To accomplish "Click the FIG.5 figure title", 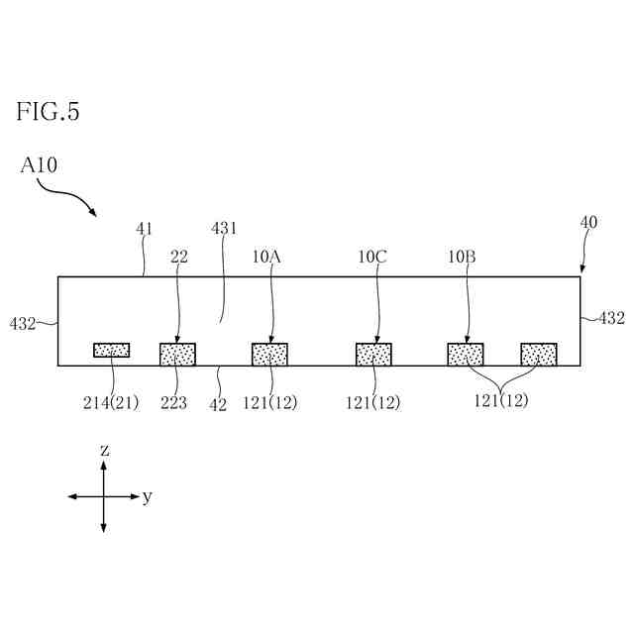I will point(48,112).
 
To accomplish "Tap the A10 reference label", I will point(39,165).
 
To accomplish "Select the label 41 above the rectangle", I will point(145,229).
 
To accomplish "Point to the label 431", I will point(225,229).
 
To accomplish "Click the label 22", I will point(178,257).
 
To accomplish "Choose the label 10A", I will point(266,257).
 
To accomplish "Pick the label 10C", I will point(372,257).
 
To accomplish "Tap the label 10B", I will point(462,257).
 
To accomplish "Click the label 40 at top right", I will point(588,223).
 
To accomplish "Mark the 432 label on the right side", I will point(611,318).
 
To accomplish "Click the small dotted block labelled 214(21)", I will point(111,350).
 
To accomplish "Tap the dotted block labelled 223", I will point(177,354).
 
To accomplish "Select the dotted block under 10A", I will point(269,354).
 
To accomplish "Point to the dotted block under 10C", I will point(373,354).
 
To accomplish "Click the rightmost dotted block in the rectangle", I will point(539,354).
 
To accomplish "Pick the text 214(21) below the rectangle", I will point(110,402).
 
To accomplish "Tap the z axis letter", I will point(104,451).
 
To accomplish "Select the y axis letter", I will point(147,497).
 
